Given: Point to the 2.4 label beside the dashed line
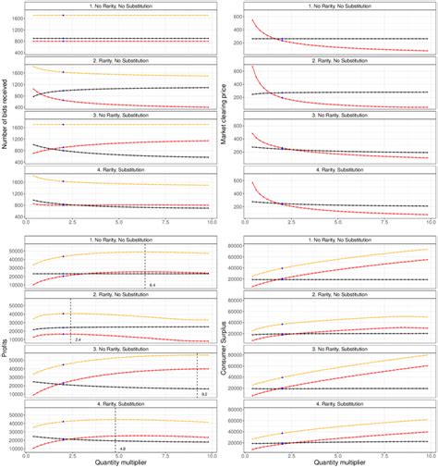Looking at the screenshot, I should pyautogui.click(x=78, y=341).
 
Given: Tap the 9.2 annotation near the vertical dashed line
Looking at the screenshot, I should pyautogui.click(x=203, y=395).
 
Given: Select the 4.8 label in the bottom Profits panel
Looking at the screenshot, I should pyautogui.click(x=122, y=448).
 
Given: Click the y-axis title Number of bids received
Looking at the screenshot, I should pyautogui.click(x=6, y=114).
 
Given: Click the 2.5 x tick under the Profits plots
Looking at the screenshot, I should pyautogui.click(x=72, y=455).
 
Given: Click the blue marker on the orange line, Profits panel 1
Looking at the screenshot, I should pyautogui.click(x=63, y=256).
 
